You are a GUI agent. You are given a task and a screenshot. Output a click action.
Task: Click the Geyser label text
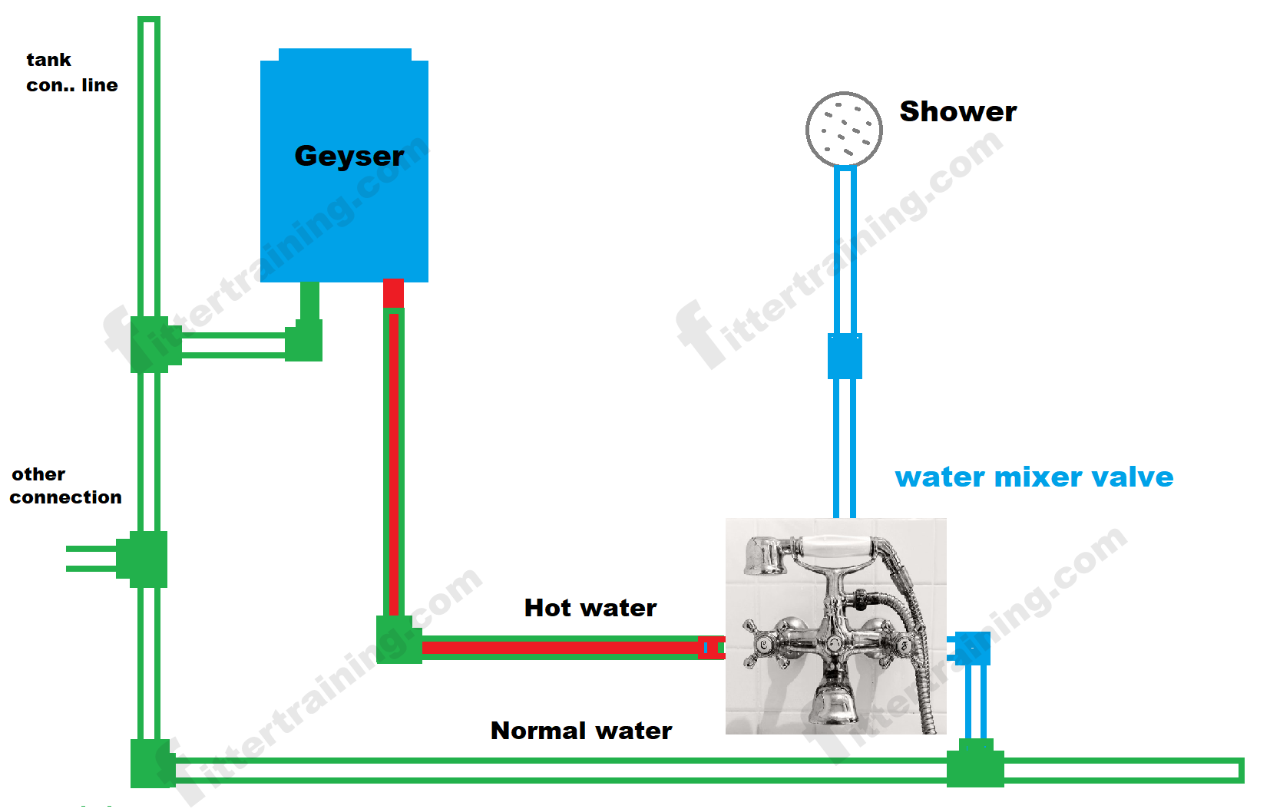[x=349, y=157]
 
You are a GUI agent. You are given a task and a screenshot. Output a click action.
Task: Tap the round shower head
[x=844, y=130]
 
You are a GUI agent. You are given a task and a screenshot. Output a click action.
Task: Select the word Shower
[x=957, y=112]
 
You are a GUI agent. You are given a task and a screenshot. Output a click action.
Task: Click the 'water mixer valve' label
[x=1034, y=477]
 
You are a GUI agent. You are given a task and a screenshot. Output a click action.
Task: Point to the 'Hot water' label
[x=590, y=608]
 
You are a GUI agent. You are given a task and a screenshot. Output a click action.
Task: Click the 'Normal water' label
[x=581, y=731]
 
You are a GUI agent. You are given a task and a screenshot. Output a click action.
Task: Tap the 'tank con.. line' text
[x=71, y=73]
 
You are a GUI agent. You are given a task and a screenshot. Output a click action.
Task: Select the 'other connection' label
[x=65, y=486]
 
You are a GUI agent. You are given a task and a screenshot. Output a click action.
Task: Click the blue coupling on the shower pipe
[x=845, y=356]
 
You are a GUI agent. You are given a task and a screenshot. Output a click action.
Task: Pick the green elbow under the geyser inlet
[x=306, y=340]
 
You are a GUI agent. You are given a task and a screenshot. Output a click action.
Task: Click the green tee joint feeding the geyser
[x=151, y=345]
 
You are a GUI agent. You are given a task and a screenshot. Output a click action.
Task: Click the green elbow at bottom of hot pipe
[x=397, y=639]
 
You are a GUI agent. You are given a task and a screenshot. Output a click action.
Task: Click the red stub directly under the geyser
[x=393, y=293]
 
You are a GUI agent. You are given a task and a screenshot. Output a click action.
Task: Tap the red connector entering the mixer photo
[x=711, y=648]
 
